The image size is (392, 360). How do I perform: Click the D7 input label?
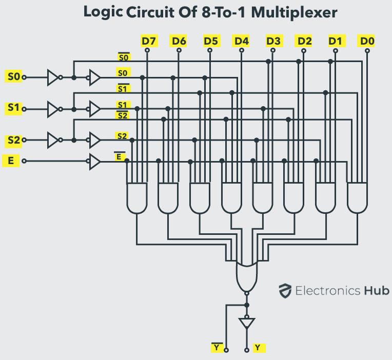tap(149, 41)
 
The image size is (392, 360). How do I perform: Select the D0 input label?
tap(367, 41)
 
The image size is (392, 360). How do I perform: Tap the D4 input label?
tap(241, 41)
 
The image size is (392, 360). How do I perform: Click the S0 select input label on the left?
tap(13, 76)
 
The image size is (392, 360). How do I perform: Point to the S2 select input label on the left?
tap(13, 140)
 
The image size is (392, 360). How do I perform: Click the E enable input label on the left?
tap(11, 161)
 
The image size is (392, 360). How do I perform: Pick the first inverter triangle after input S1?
tap(52, 109)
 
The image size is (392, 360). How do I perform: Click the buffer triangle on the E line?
tap(95, 162)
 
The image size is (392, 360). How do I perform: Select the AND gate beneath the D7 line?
tap(137, 198)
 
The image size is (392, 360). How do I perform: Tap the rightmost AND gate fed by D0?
tap(357, 198)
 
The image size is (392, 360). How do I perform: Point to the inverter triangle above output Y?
tap(247, 323)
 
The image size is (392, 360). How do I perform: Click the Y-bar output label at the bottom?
tap(217, 347)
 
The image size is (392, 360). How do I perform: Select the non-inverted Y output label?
tap(259, 348)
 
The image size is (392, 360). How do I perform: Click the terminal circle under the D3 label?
tap(273, 50)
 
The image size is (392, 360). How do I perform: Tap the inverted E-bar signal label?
tap(119, 156)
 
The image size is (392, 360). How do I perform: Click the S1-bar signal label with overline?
tap(123, 88)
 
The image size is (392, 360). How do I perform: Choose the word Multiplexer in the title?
tap(294, 12)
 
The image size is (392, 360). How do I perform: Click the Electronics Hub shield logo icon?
tap(285, 291)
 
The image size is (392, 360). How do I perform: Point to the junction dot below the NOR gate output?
tap(247, 305)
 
